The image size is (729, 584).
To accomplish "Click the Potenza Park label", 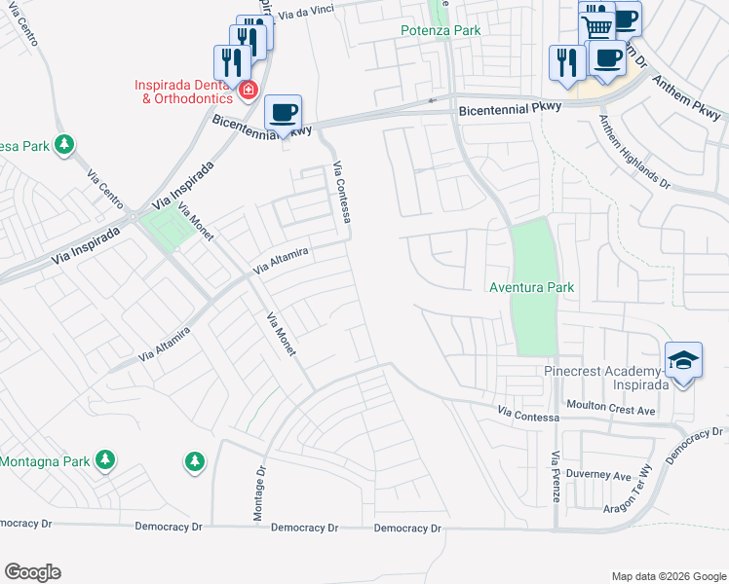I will pyautogui.click(x=441, y=30).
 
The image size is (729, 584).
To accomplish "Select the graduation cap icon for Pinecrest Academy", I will pyautogui.click(x=684, y=360).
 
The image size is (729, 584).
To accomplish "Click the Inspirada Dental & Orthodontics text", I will pyautogui.click(x=183, y=91).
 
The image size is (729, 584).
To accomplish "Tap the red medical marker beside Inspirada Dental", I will pyautogui.click(x=249, y=91).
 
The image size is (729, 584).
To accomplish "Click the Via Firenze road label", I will pyautogui.click(x=556, y=475).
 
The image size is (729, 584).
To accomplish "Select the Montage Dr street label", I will pyautogui.click(x=260, y=496).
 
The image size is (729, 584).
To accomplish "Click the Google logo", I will pyautogui.click(x=32, y=572).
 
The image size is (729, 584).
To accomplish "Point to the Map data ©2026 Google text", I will pyautogui.click(x=668, y=576).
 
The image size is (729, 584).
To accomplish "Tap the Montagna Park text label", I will pyautogui.click(x=45, y=461).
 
